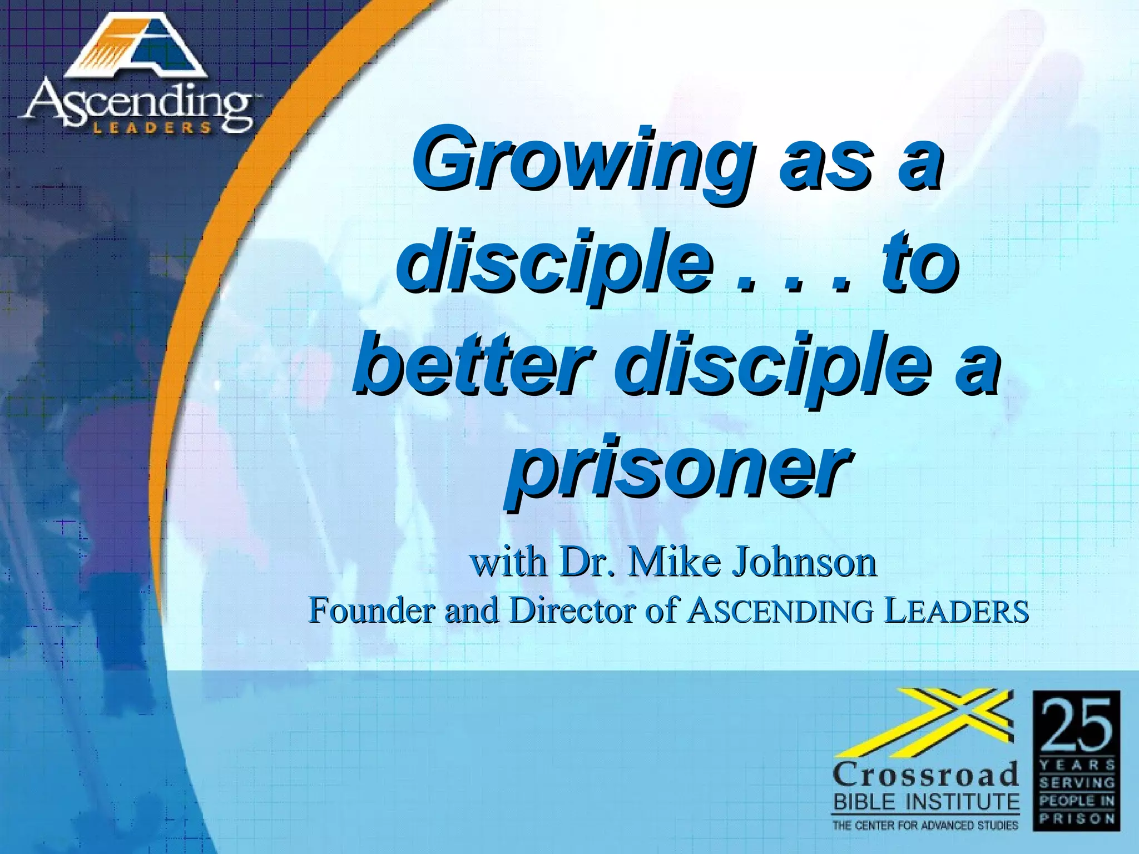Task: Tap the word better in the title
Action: tap(471, 364)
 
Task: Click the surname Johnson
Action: tap(803, 562)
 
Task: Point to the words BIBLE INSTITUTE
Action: tap(925, 802)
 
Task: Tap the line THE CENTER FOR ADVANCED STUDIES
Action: tap(925, 826)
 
